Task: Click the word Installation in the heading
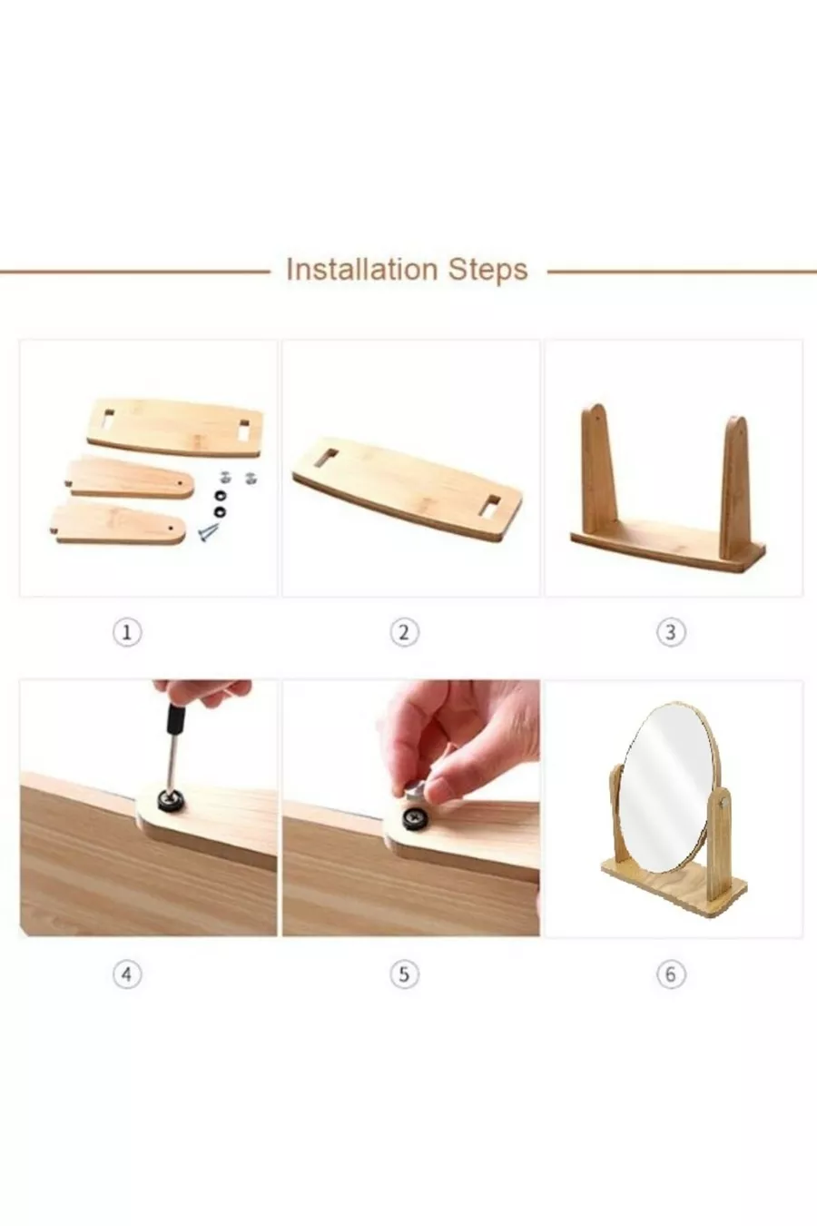(x=361, y=270)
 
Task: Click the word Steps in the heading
(x=488, y=271)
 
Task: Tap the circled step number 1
(x=127, y=633)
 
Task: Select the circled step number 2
(x=404, y=633)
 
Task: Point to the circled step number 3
(x=671, y=633)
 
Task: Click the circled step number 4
(x=127, y=974)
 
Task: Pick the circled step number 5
(x=404, y=974)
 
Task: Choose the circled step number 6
(x=671, y=974)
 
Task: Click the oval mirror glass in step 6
(x=671, y=788)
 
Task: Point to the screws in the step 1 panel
(x=208, y=532)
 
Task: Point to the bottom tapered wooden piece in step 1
(x=118, y=524)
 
